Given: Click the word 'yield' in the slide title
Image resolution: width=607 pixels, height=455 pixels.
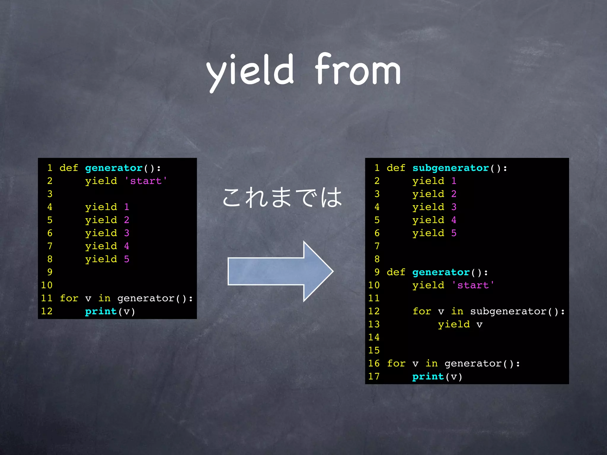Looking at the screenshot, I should (x=250, y=71).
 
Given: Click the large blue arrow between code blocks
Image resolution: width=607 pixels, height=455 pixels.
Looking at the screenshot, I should (x=280, y=271).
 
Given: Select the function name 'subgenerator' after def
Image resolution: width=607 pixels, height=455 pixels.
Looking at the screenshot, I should (x=451, y=168).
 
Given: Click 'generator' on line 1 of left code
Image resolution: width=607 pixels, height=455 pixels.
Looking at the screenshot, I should (x=114, y=168).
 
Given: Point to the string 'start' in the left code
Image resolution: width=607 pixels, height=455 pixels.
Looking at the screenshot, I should (x=146, y=181).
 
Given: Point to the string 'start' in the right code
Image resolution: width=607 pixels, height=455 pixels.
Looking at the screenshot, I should (x=473, y=285).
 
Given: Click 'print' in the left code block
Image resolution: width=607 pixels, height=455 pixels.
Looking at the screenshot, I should (x=101, y=311).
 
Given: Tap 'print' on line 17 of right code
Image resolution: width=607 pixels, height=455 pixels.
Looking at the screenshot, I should (x=428, y=376).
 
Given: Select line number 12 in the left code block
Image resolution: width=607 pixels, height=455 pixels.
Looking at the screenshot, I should (x=47, y=311).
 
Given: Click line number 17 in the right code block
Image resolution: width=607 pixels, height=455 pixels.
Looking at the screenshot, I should (x=374, y=376).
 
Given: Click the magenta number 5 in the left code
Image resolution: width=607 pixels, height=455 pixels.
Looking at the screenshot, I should (x=127, y=259).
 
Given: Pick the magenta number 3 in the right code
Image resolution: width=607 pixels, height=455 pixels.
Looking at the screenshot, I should (x=454, y=207).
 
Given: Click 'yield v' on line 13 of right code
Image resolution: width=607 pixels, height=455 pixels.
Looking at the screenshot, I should (x=460, y=324).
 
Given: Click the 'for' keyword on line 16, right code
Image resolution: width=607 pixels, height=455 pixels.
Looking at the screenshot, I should (x=396, y=363).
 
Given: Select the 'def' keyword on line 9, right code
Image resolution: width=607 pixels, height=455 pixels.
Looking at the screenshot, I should (x=396, y=272).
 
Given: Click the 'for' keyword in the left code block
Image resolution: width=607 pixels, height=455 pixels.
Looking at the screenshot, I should (x=69, y=298).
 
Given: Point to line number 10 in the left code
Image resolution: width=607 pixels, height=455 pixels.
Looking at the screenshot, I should (x=47, y=285).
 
